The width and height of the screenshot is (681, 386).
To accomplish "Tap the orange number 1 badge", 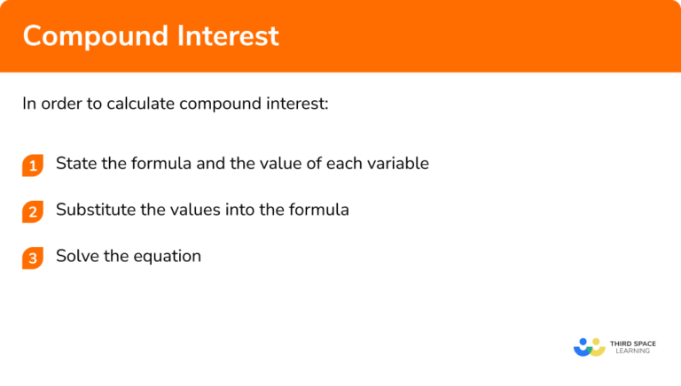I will point(33,166).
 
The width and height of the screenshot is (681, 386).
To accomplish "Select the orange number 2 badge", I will point(33,212).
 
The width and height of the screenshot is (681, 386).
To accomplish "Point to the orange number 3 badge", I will point(33,258).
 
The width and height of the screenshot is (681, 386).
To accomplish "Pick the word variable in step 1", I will point(398,164).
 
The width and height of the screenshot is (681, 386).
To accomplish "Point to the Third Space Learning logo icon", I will point(590,346).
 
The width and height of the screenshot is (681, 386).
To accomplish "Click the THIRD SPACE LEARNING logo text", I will point(631,346).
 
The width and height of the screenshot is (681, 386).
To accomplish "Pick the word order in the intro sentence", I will point(59,104).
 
